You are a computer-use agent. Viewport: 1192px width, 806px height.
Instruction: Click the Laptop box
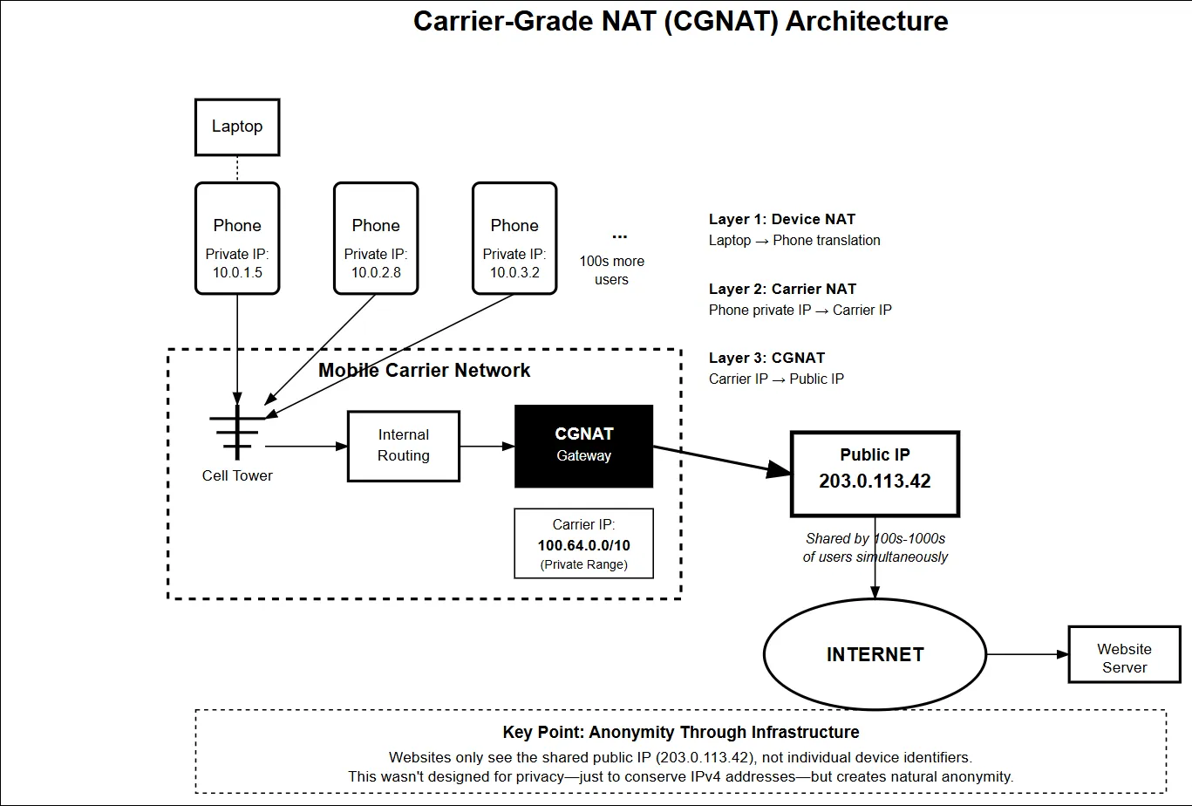click(236, 127)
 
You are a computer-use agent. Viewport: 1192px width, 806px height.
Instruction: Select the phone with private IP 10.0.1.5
click(237, 238)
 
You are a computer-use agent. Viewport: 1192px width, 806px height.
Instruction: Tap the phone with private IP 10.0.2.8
click(376, 238)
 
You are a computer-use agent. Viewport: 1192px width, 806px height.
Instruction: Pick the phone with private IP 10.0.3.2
click(514, 238)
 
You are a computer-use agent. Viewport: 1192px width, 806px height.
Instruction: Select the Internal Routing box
click(403, 446)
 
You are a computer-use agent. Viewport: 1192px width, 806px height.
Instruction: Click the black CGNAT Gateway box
click(583, 446)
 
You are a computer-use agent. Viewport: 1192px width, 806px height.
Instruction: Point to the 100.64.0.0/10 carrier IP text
click(583, 545)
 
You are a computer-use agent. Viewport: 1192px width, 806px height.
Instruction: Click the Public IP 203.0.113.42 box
click(875, 472)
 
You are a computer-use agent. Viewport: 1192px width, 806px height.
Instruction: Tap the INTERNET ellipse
click(875, 654)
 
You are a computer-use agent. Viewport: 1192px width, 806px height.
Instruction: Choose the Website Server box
click(1124, 658)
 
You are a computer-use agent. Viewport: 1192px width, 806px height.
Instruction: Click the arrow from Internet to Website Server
click(1025, 654)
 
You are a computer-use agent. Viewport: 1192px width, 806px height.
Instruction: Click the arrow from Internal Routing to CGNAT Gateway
click(487, 447)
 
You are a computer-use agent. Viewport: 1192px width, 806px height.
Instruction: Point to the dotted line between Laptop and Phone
click(237, 168)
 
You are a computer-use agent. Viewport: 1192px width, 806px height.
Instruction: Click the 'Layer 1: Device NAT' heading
click(782, 220)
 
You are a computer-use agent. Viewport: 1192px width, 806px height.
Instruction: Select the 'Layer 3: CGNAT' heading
click(766, 358)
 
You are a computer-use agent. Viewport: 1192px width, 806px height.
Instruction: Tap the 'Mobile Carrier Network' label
click(424, 370)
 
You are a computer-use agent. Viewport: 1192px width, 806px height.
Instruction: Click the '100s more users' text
click(611, 270)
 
